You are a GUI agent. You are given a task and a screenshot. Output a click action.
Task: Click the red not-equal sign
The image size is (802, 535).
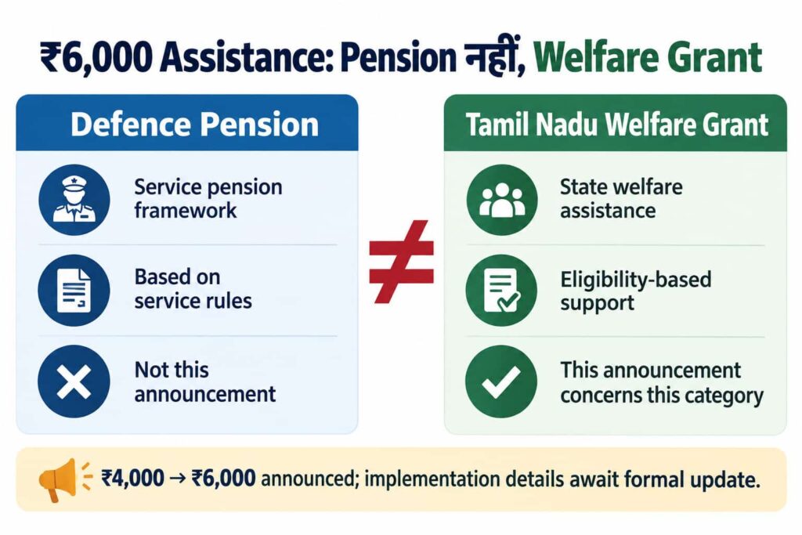(401, 262)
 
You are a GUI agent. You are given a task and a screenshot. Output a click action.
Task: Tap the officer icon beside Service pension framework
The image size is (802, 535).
(74, 200)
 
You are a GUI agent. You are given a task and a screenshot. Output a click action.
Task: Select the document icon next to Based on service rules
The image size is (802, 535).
(74, 290)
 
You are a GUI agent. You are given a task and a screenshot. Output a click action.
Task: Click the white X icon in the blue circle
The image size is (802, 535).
(74, 381)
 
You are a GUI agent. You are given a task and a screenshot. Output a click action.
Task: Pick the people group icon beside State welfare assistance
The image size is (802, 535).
(502, 200)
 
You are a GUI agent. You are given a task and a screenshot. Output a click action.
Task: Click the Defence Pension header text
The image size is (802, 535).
(194, 125)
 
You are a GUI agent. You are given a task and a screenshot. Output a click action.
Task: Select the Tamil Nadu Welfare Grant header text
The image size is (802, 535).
(617, 125)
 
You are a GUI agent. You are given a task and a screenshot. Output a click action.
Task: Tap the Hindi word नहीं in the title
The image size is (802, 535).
(494, 56)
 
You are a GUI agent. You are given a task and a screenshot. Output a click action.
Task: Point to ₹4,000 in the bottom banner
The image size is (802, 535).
(132, 479)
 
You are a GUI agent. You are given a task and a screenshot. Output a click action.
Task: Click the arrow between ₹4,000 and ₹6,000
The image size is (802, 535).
(178, 479)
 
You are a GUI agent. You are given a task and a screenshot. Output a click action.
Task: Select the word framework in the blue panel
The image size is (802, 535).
(185, 210)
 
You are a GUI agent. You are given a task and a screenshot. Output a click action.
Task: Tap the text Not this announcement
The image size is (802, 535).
(204, 381)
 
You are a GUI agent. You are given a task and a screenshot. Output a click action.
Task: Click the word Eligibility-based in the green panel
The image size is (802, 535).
(635, 280)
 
